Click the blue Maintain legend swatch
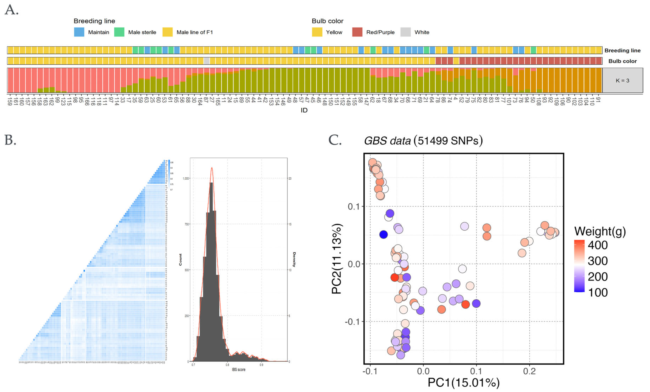pyautogui.click(x=79, y=32)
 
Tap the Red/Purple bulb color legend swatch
pyautogui.click(x=357, y=32)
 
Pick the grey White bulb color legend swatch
pyautogui.click(x=405, y=32)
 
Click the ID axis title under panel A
pyautogui.click(x=304, y=110)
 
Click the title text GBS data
pyautogui.click(x=387, y=141)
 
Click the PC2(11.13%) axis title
pyautogui.click(x=337, y=259)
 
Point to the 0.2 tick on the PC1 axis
pyautogui.click(x=529, y=371)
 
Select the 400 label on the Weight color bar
pyautogui.click(x=597, y=245)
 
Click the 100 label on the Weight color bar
pyautogui.click(x=597, y=293)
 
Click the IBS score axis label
pyautogui.click(x=239, y=369)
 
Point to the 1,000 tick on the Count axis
pyautogui.click(x=186, y=179)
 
